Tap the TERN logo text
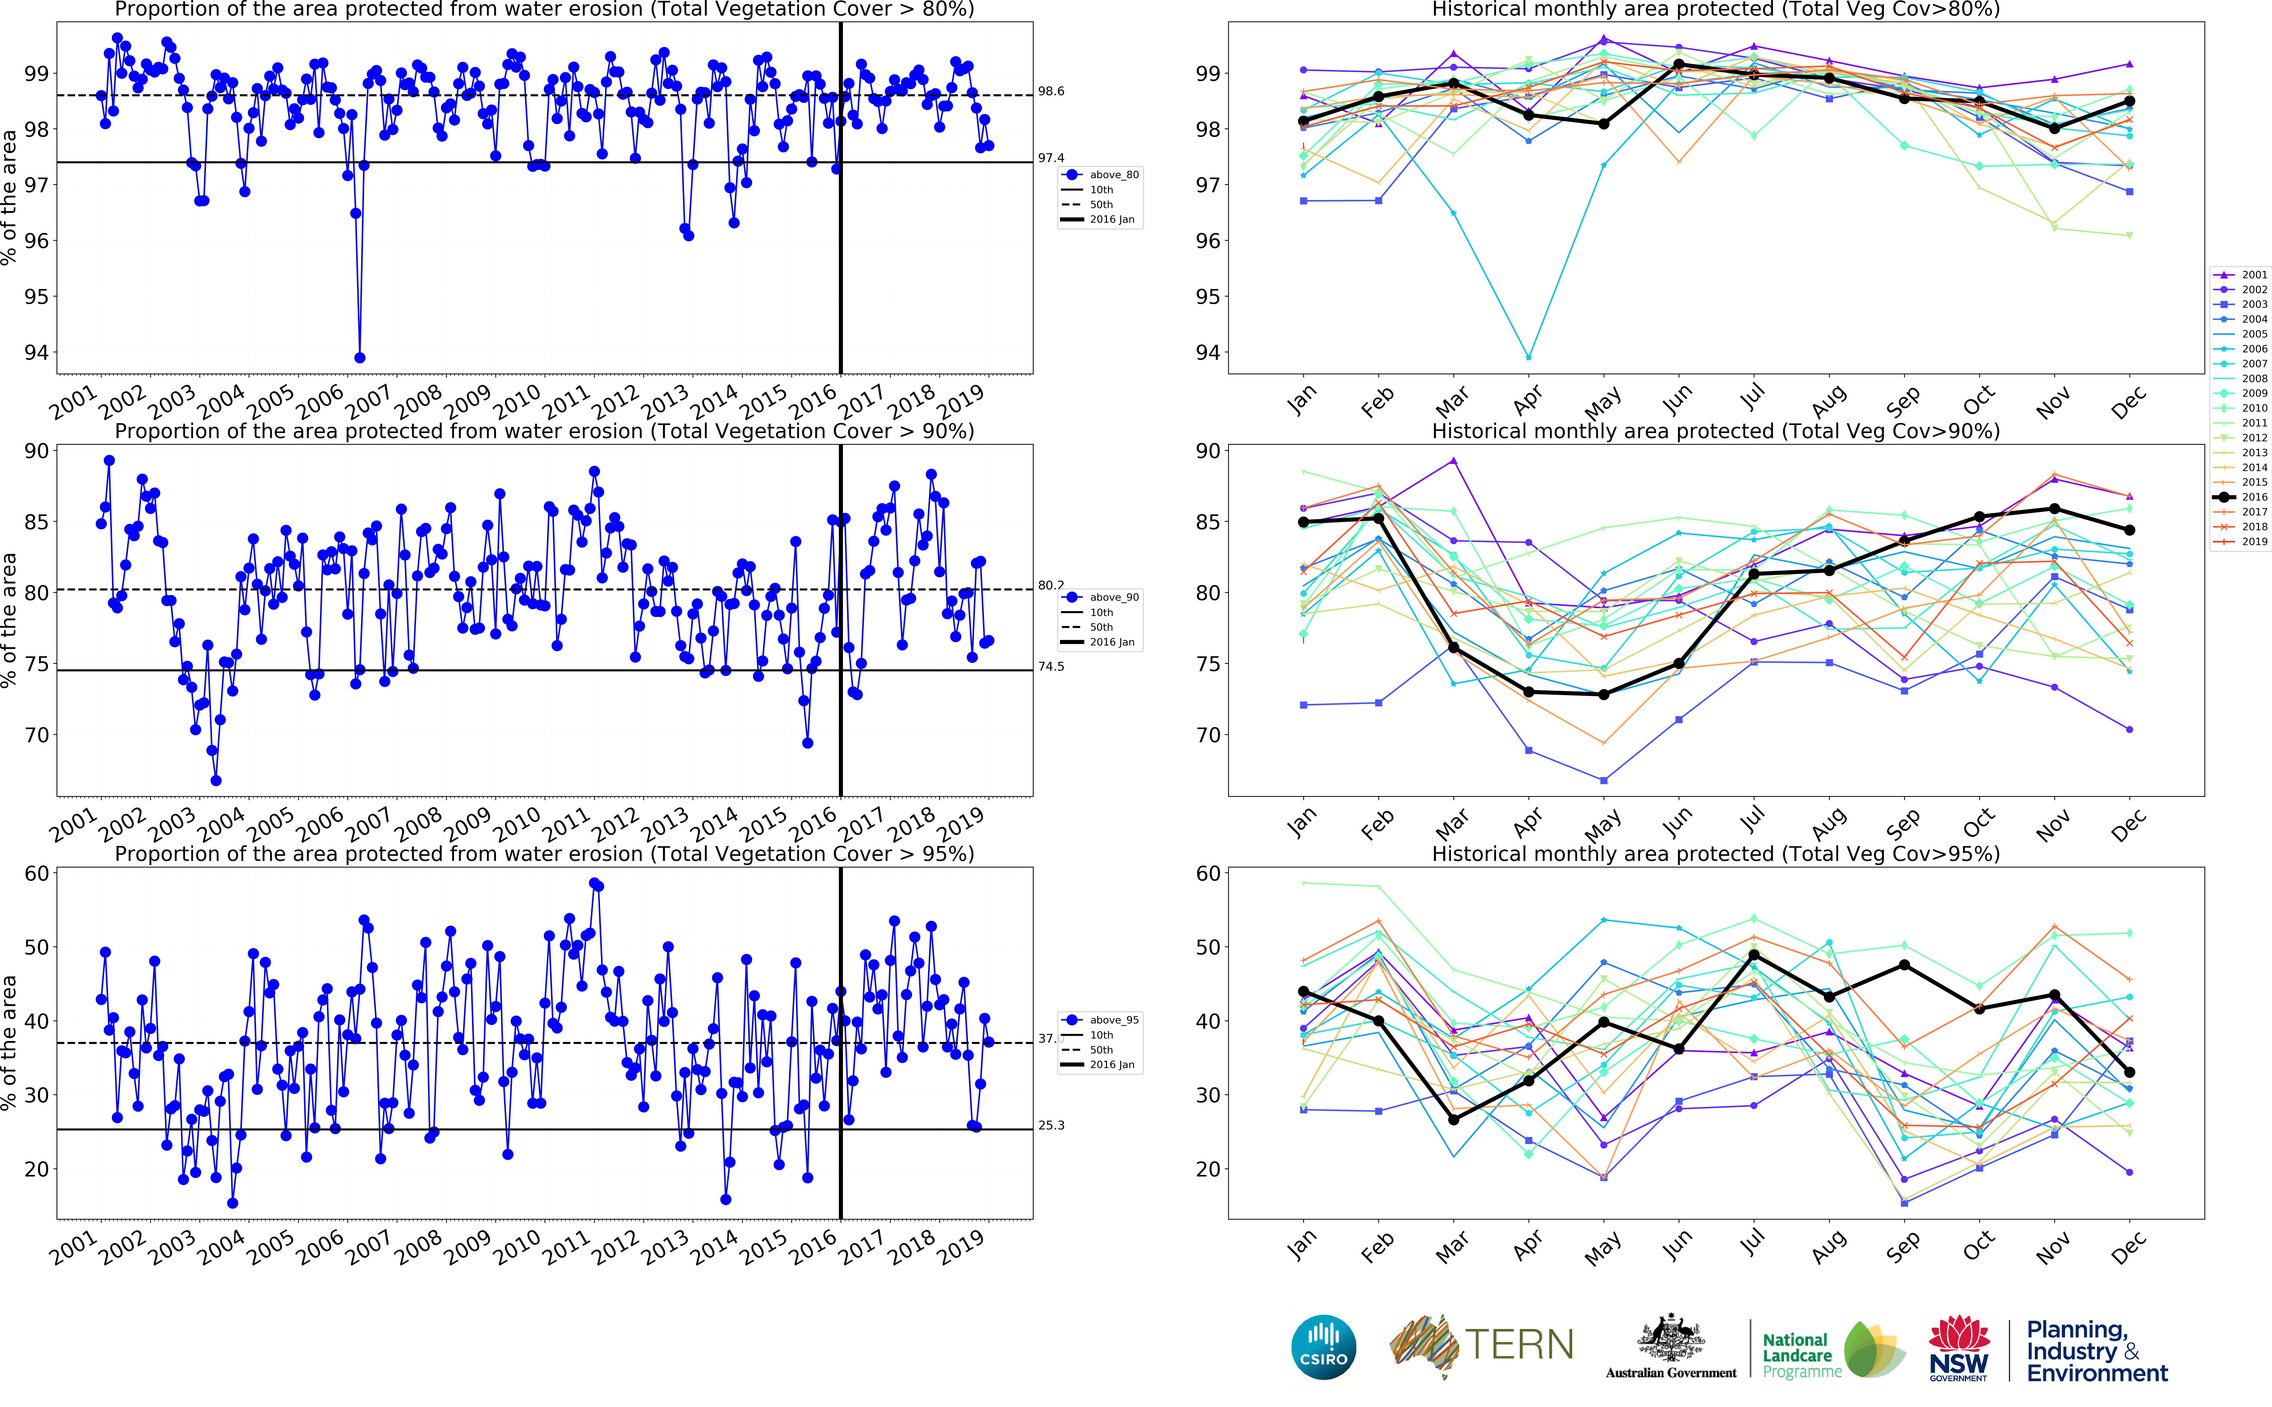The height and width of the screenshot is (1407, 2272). [x=1519, y=1345]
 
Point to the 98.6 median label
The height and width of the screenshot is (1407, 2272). [x=1051, y=91]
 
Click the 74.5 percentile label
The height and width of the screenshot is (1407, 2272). [x=1051, y=666]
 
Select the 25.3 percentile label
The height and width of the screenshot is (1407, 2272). [x=1051, y=1125]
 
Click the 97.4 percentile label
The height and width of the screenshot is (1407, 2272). [x=1051, y=158]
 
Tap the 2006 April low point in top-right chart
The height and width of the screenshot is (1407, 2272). [x=1528, y=357]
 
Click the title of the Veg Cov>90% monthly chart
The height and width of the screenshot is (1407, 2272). [x=1715, y=431]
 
